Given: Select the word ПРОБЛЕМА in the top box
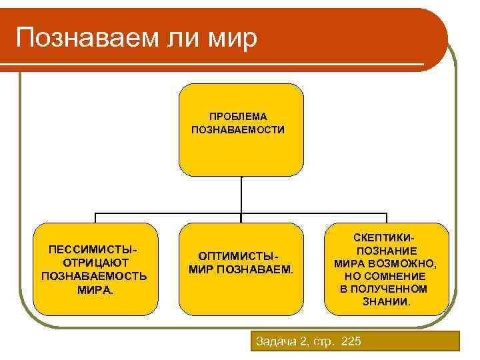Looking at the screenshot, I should tap(238, 117).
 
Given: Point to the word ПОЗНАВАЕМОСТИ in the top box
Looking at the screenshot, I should tap(238, 130).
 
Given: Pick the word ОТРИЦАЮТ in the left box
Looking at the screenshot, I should tap(95, 263).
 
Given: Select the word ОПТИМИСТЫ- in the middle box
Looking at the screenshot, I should tap(238, 257).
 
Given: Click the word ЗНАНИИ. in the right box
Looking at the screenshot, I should tap(387, 301).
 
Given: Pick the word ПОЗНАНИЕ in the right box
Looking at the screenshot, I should tap(387, 251).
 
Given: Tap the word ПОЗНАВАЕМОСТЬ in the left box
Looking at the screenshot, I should tap(95, 276).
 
